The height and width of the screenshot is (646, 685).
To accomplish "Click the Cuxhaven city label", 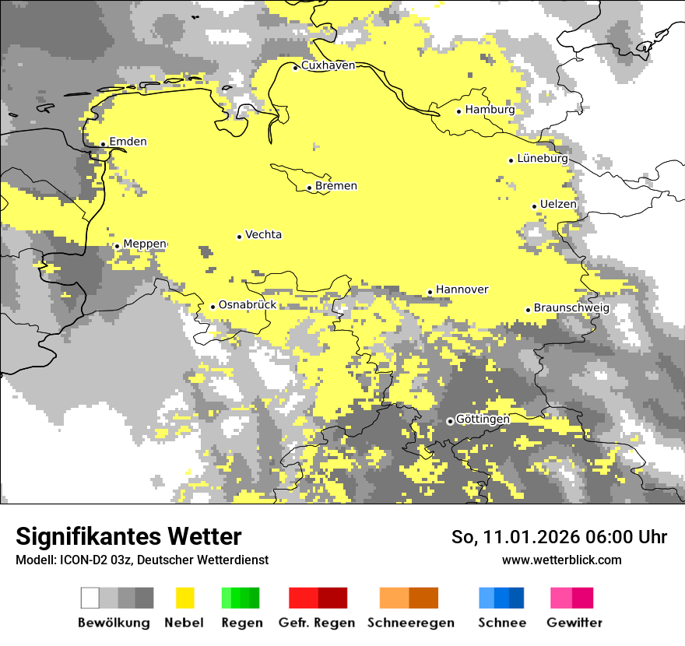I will pos(328,65).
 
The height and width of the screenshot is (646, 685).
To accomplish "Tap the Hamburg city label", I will pos(490,110).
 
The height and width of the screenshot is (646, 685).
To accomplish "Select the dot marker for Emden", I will pos(103,143).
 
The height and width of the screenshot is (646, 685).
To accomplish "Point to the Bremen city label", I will pos(336,186).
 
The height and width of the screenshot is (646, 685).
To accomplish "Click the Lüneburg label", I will pos(543,158).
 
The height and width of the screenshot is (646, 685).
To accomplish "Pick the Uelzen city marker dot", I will pos(534,206).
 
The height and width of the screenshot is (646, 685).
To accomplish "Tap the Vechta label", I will pos(263,234).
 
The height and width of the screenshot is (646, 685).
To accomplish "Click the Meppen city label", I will pos(145,244).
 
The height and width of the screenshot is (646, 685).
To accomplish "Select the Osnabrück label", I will pos(248,305).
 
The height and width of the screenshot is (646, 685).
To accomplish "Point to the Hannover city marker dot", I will pos(430,292).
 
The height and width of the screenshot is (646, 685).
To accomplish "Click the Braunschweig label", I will pos(571,308).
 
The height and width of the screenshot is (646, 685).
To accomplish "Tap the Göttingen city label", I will pos(483,420).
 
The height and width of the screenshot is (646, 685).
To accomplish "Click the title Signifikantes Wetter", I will pos(128,536).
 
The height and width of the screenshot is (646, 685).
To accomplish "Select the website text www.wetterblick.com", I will pos(561,560).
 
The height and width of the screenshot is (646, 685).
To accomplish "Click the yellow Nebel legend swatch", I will pos(185,598).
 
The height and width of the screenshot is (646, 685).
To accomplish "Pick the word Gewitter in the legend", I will pos(574,623).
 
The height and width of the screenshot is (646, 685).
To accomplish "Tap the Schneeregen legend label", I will pos(411,623).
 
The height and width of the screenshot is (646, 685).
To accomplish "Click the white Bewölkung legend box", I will pos(90,598).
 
